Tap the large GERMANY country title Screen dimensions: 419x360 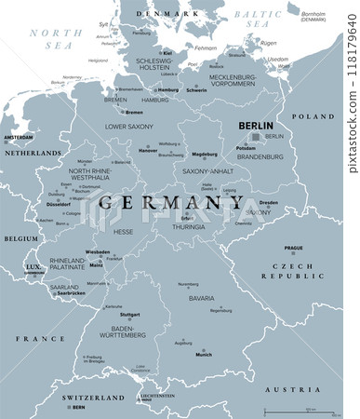159,202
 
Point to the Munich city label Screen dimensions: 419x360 204,355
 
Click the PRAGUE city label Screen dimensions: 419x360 294,249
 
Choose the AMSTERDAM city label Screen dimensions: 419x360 18,137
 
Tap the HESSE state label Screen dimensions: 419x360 123,232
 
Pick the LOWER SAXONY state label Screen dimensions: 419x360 128,125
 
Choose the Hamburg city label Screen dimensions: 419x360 168,90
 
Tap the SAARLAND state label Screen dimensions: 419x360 64,287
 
